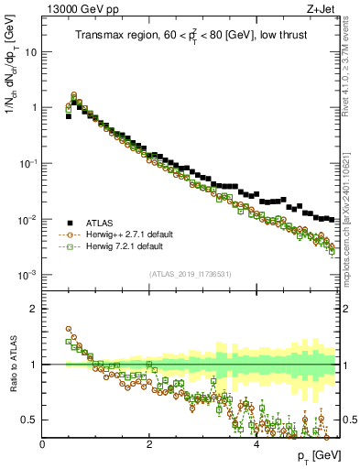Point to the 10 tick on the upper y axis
(x=31, y=51)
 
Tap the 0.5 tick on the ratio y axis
(x=29, y=420)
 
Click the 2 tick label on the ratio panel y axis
(x=34, y=309)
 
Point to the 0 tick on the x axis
(x=43, y=443)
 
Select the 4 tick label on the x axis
(x=256, y=443)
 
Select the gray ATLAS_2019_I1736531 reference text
(x=191, y=274)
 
